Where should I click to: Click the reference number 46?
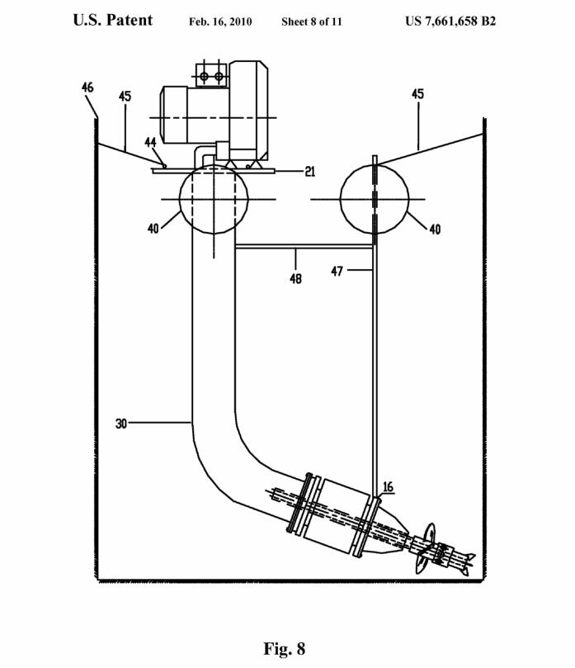coord(87,88)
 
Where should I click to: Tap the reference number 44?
coord(150,142)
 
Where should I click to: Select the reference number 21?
coord(310,171)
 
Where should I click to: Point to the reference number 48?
coord(295,278)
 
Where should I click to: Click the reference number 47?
coord(337,271)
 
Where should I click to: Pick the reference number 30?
coord(121,424)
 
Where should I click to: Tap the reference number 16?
coord(389,486)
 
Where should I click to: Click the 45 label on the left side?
coord(125,97)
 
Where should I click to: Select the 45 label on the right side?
coord(417,94)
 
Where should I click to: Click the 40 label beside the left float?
coord(153,229)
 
